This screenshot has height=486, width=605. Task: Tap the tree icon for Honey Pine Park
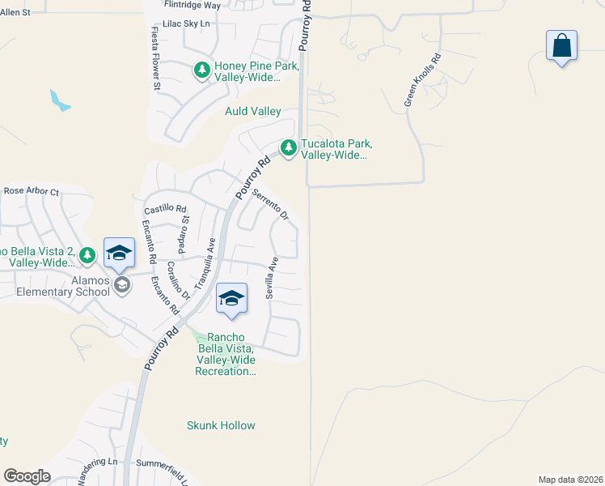(x=201, y=70)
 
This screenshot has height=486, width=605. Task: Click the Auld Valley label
(x=252, y=111)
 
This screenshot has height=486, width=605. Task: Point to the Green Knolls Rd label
(x=422, y=81)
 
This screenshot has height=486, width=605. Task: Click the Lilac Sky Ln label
(x=187, y=23)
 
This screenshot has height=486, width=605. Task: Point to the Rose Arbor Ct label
(x=32, y=192)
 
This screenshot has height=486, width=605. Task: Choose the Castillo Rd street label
(x=165, y=208)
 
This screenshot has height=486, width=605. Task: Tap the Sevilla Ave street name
(x=273, y=278)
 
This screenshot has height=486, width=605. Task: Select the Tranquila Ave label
(x=205, y=263)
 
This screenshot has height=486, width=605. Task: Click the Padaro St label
(x=184, y=231)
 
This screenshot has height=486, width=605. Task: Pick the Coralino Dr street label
(x=178, y=279)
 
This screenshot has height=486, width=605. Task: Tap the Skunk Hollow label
(x=221, y=425)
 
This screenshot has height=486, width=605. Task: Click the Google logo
(x=27, y=476)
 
